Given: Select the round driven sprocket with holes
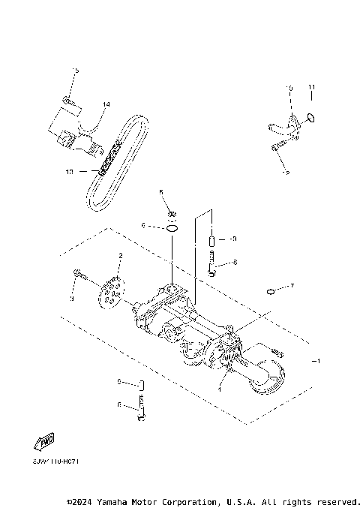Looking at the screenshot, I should [x=112, y=294].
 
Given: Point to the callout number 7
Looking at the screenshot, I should [x=292, y=286].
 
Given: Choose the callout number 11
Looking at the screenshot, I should [x=311, y=88].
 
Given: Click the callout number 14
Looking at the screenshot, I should [x=106, y=104].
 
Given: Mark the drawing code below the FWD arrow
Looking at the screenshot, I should [x=55, y=461].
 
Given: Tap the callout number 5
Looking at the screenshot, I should [x=160, y=193].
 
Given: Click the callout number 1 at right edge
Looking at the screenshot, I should [x=318, y=361].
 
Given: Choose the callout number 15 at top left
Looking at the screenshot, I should [x=75, y=71].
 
